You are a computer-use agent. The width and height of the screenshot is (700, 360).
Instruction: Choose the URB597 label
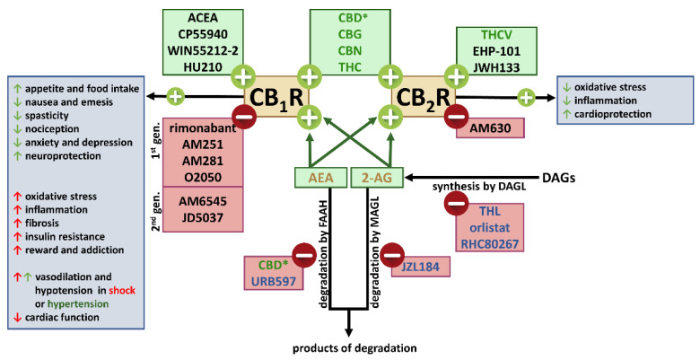click(274, 282)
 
